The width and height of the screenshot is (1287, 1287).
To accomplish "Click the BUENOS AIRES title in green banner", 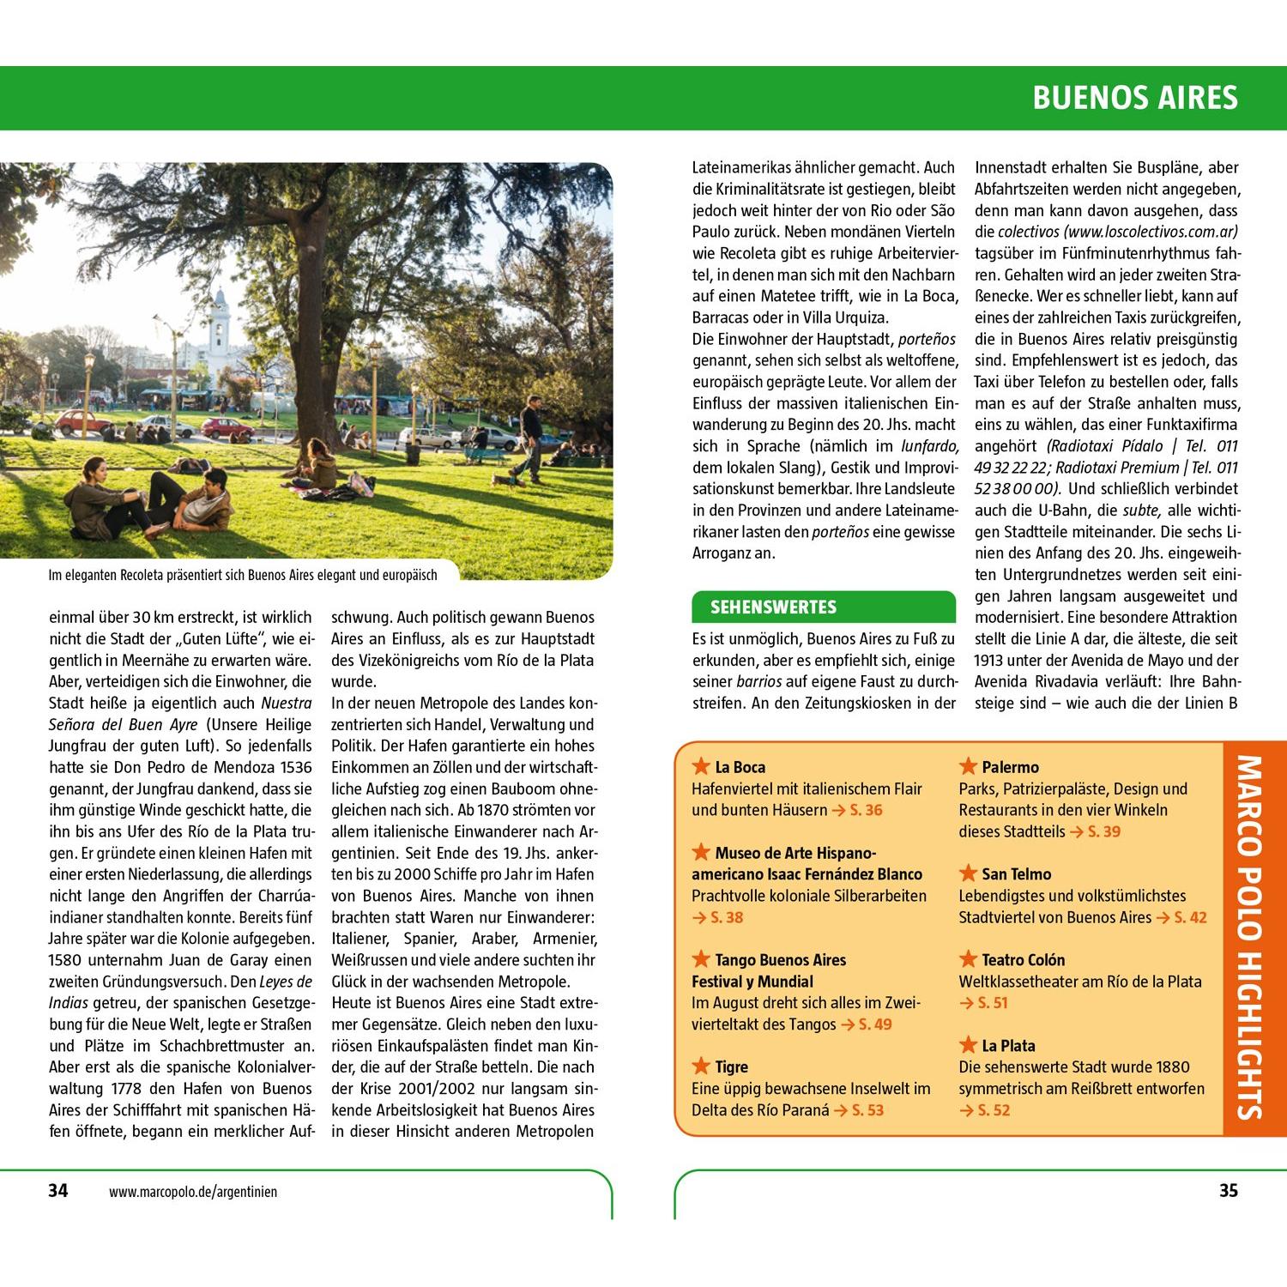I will [1134, 98].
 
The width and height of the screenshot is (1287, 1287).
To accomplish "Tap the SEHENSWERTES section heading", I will [761, 607].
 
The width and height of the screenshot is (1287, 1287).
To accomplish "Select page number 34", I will [57, 1191].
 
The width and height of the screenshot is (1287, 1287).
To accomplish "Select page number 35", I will [1229, 1191].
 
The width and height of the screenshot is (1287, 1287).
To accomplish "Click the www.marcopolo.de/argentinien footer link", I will [193, 1192].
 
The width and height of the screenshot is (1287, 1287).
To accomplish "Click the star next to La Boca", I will [701, 766].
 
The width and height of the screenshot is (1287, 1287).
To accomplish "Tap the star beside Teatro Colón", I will [968, 958].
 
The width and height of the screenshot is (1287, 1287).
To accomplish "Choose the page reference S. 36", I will [866, 810].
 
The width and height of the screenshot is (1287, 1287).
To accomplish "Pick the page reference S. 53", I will [867, 1110].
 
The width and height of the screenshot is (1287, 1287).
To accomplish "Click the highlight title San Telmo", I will [1016, 874].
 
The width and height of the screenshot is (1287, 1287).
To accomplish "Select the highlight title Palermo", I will [1010, 767].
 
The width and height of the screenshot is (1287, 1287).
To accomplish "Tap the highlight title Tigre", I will [731, 1067].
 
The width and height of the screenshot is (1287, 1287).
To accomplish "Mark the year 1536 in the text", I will [294, 767].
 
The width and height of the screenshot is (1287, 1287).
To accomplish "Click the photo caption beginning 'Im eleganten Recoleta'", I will [243, 576].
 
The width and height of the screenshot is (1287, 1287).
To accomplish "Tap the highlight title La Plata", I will [1008, 1046].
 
